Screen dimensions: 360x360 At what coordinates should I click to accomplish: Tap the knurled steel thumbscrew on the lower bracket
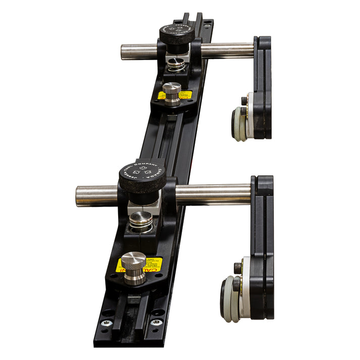pyautogui.click(x=134, y=267)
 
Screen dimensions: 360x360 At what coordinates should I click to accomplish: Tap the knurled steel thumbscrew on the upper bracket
pyautogui.click(x=172, y=92)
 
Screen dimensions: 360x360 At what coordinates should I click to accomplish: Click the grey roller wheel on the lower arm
pyautogui.click(x=228, y=299)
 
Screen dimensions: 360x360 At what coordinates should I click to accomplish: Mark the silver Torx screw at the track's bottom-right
pyautogui.click(x=156, y=321)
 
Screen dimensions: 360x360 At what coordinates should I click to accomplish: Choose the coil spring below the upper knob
pyautogui.click(x=176, y=65)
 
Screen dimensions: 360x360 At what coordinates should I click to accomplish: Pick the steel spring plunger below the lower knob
pyautogui.click(x=141, y=221)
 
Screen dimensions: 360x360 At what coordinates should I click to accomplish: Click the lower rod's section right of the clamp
pyautogui.click(x=212, y=194)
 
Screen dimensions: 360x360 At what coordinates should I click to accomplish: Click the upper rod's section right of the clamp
pyautogui.click(x=227, y=50)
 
